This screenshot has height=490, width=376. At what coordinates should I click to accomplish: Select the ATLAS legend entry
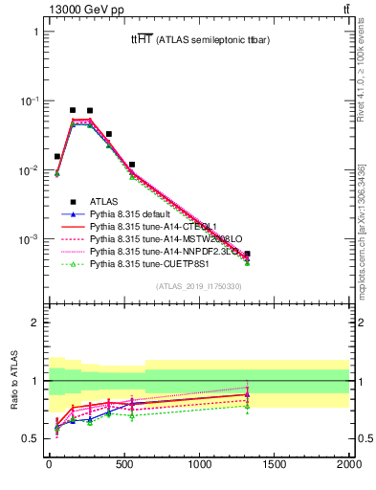pos(105,200)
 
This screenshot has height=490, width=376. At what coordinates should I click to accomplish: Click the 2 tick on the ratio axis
pos(35,323)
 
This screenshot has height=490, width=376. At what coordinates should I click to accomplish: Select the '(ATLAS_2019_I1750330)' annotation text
pos(198,286)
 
